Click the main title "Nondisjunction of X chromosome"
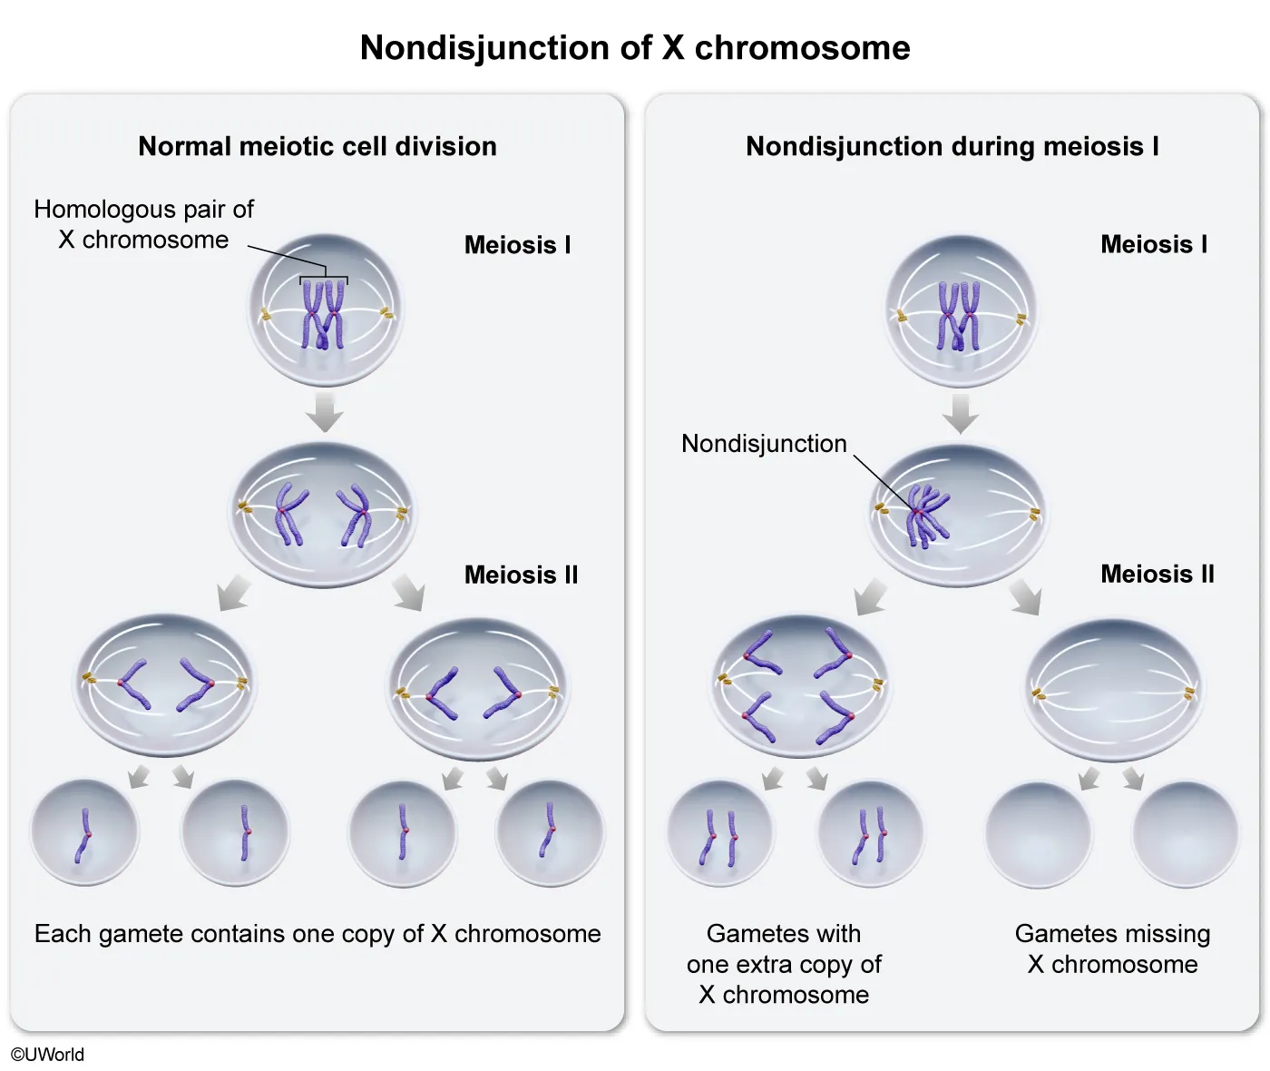[635, 48]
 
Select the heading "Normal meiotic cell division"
[317, 146]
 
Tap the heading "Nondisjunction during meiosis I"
[952, 146]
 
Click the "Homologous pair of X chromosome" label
[143, 224]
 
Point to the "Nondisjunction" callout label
[764, 444]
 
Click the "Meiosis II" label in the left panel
[521, 575]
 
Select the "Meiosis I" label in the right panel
[1154, 244]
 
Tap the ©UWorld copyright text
[47, 1054]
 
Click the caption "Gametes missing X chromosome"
[1112, 948]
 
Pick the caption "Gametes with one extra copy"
[784, 964]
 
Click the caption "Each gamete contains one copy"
[317, 934]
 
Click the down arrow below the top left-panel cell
[324, 412]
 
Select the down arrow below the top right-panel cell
[961, 413]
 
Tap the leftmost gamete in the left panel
[84, 833]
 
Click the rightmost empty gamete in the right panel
[1186, 833]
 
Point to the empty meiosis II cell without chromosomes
[1114, 690]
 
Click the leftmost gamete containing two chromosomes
[720, 833]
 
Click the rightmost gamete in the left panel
[550, 833]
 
